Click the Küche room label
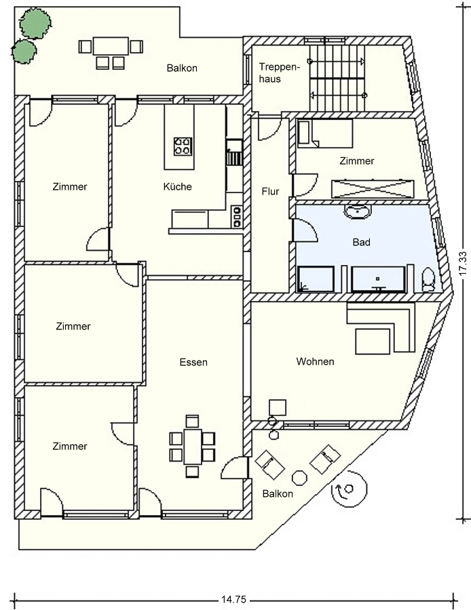click(x=178, y=187)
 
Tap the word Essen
click(x=193, y=362)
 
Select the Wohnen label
click(x=315, y=361)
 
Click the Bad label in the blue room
click(x=361, y=243)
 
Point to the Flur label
click(x=270, y=191)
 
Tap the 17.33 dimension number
click(x=463, y=264)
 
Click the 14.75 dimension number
click(x=233, y=600)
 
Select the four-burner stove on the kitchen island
click(x=183, y=146)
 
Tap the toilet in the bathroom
click(x=428, y=279)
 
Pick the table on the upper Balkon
click(x=111, y=46)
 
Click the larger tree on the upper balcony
click(x=35, y=24)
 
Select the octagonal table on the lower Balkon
click(x=299, y=478)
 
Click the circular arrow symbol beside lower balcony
click(x=349, y=489)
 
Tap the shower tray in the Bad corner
click(x=316, y=279)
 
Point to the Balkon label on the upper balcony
click(x=182, y=68)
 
